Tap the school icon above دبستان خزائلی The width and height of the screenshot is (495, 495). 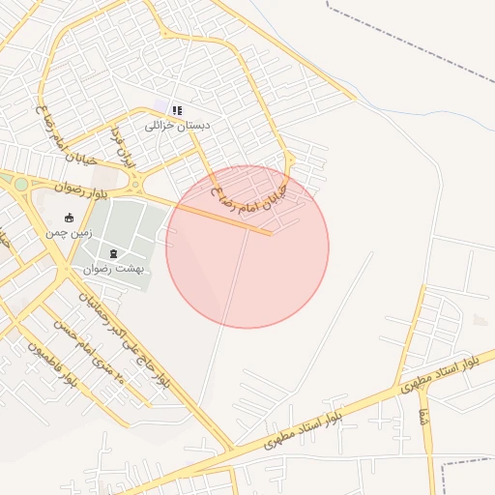click(176, 110)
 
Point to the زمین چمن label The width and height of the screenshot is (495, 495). click(68, 233)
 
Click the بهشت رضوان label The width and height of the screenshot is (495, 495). click(115, 269)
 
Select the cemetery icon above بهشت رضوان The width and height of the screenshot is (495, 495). click(115, 253)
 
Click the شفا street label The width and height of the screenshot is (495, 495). click(422, 419)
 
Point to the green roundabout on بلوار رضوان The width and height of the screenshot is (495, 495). click(20, 183)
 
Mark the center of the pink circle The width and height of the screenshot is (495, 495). click(247, 247)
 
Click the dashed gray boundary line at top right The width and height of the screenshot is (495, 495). click(406, 39)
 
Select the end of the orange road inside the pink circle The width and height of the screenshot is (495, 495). click(269, 233)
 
